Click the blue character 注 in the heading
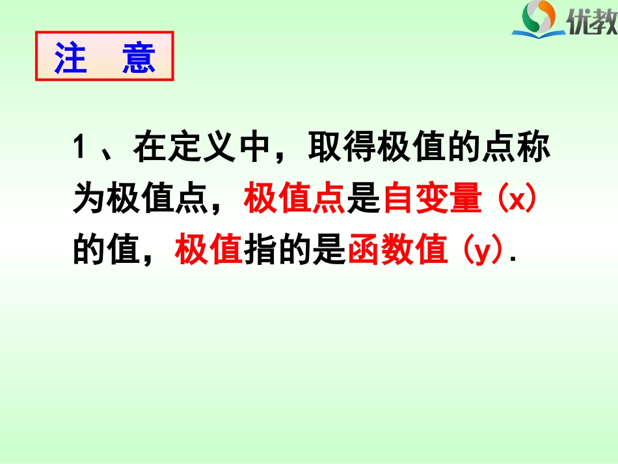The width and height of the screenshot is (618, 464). (x=71, y=59)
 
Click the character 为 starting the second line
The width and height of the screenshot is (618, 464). (x=88, y=200)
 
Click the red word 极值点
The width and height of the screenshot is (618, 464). (x=294, y=200)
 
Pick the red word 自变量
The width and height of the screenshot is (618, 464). (x=432, y=200)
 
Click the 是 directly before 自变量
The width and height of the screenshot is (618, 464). (x=363, y=200)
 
